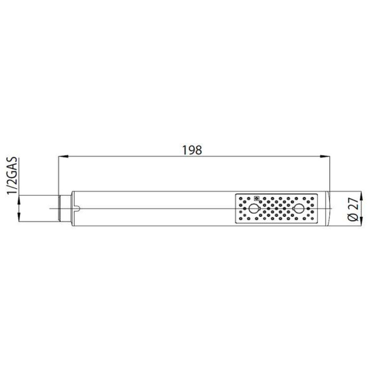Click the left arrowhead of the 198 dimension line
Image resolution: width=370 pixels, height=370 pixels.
(63, 157)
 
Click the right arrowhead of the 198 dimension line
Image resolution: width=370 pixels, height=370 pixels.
(327, 157)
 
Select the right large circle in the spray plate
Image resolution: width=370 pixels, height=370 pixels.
(298, 209)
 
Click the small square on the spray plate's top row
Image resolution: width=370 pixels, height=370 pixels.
(257, 197)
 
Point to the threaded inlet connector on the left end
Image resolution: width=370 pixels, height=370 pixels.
(59, 209)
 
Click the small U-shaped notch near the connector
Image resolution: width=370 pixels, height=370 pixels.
(77, 207)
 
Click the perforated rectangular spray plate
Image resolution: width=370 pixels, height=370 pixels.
(276, 209)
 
